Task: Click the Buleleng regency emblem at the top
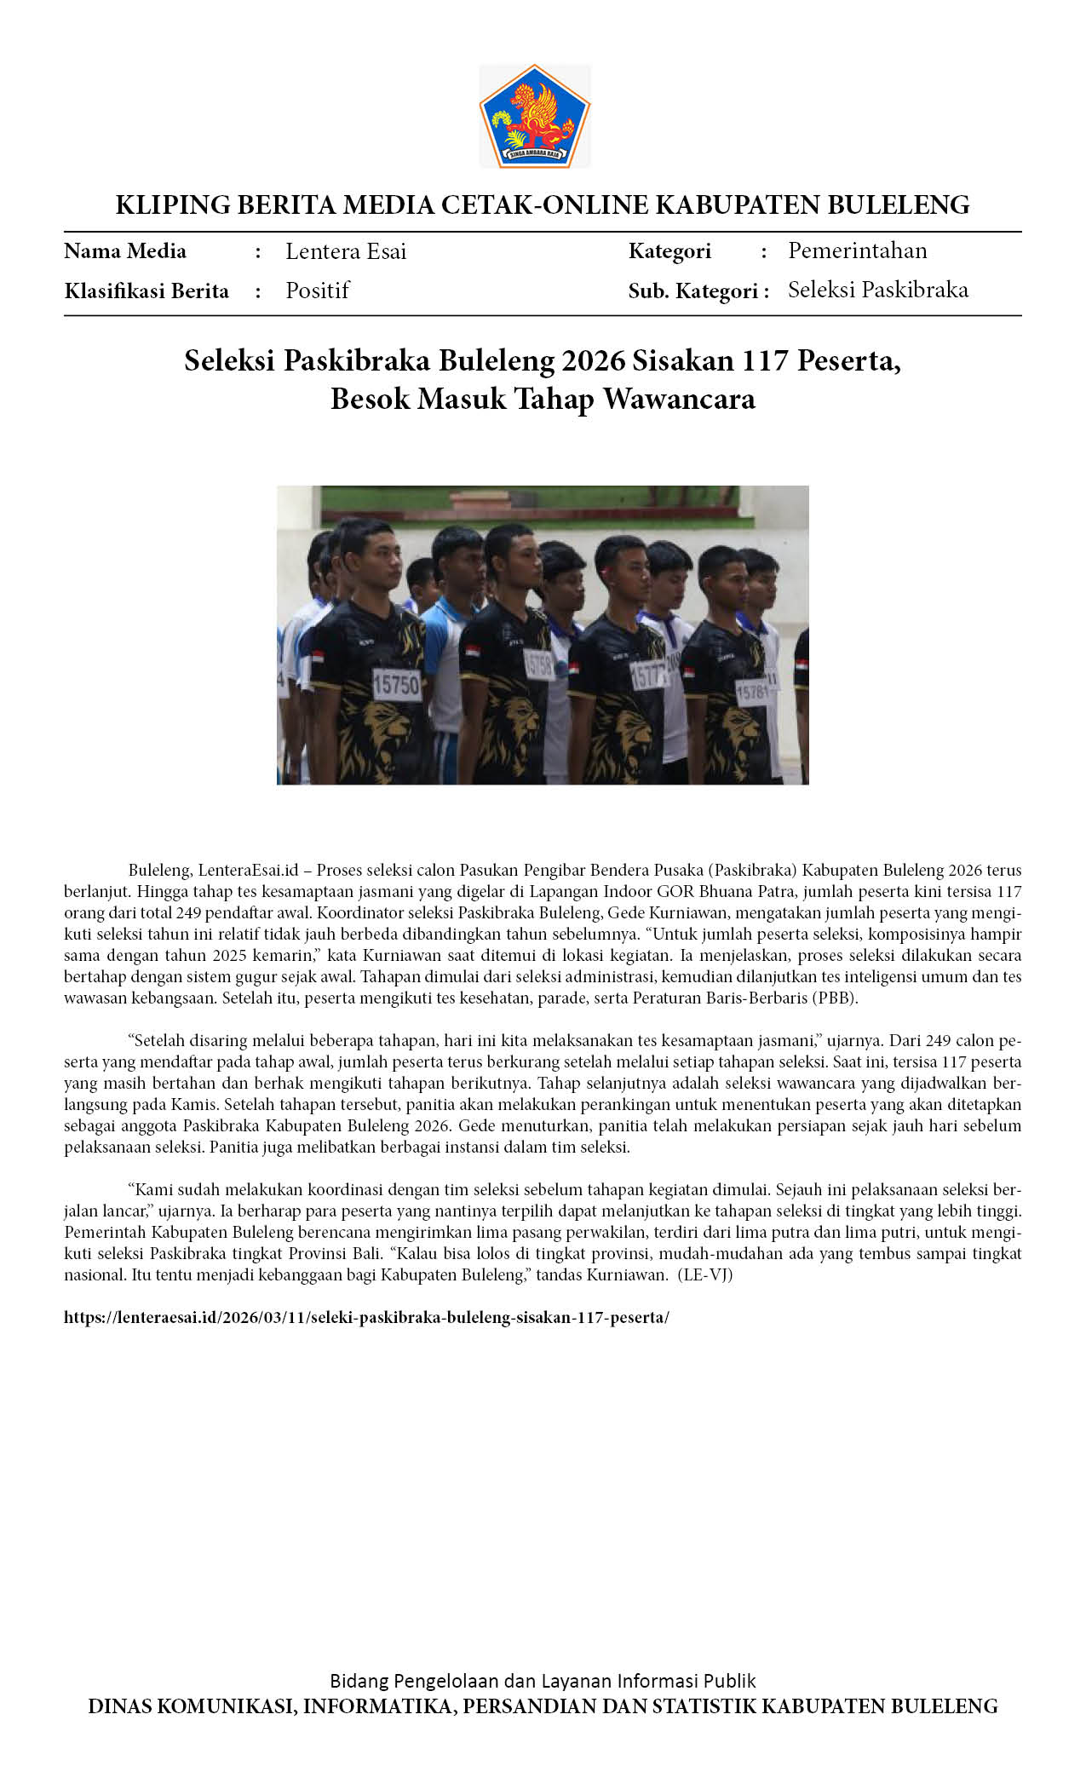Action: tap(534, 116)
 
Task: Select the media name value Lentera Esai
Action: tap(346, 251)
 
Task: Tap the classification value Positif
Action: tap(318, 290)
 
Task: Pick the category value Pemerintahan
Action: tap(857, 250)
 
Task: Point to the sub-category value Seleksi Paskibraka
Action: tap(877, 290)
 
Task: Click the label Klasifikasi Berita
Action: tap(147, 291)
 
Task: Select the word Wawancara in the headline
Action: tap(679, 399)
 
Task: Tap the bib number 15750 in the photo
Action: tap(397, 684)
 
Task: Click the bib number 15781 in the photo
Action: tap(752, 692)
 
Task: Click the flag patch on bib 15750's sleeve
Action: tap(319, 659)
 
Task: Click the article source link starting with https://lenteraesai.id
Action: tap(366, 1317)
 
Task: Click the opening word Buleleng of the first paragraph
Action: tap(159, 871)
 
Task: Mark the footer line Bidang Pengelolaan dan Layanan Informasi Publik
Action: tap(543, 1681)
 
